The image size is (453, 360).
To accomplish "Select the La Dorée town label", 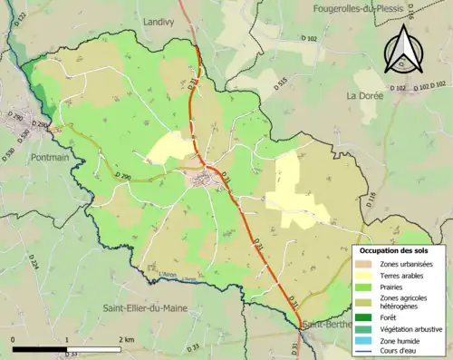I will (x=366, y=95).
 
